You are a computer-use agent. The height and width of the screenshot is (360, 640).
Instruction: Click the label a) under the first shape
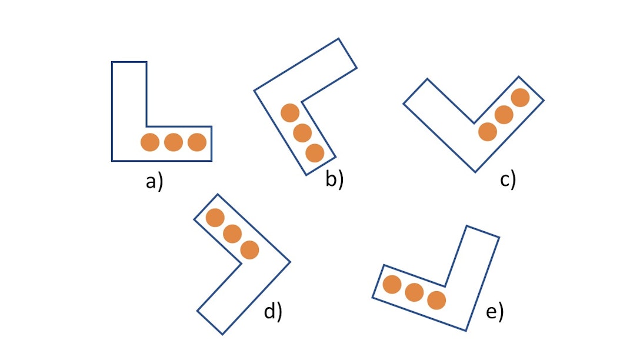point(154,182)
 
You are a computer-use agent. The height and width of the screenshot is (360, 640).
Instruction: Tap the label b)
point(334,179)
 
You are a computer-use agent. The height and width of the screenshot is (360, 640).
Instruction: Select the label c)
point(508,179)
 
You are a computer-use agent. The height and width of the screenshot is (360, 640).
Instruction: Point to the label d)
point(273,311)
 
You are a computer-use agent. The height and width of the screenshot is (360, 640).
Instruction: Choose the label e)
point(495,312)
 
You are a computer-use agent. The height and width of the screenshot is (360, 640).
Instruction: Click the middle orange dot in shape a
point(173,142)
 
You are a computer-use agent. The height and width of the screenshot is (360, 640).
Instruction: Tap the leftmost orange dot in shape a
point(150,142)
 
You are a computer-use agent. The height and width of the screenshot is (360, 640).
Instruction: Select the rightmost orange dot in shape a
point(196,142)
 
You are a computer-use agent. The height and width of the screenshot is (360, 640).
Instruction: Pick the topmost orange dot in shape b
point(290,113)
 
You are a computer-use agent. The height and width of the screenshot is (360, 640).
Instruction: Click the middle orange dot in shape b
point(302,133)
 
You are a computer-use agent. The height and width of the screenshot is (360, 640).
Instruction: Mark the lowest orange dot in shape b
point(315,153)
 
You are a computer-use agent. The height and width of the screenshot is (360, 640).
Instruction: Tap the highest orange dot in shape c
point(520,97)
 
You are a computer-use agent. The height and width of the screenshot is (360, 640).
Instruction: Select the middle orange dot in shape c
point(504,115)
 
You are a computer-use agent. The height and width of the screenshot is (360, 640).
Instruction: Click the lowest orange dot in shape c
point(487,132)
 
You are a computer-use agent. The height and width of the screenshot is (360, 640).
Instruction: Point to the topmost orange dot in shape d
point(215,218)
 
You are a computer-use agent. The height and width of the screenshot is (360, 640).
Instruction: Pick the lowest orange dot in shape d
point(249,250)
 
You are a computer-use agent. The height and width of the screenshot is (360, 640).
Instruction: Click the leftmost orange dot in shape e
point(392,285)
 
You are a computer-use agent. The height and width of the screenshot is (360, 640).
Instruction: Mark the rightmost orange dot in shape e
point(436,300)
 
